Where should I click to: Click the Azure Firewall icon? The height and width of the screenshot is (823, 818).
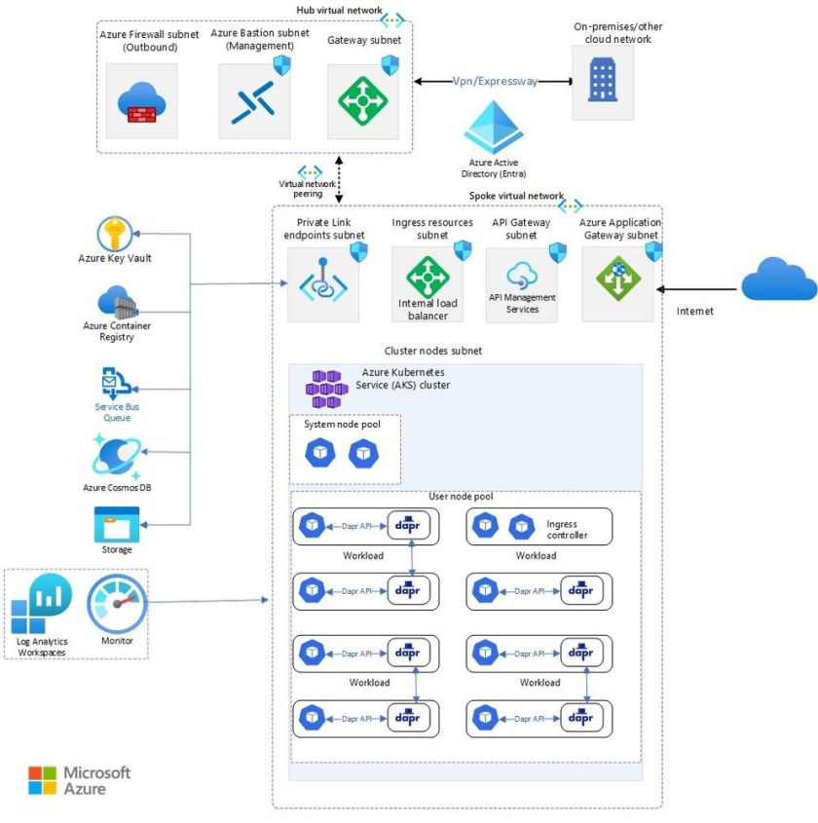tap(142, 101)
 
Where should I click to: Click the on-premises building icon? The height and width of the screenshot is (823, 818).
tap(602, 82)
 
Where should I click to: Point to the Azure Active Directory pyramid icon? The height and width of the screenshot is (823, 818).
tap(494, 128)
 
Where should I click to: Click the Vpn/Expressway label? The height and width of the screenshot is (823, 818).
tap(495, 82)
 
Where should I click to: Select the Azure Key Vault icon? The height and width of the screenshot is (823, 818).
tap(115, 234)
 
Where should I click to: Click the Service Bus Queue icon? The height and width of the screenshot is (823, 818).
tap(116, 382)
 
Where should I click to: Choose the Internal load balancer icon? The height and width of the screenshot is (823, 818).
tap(428, 277)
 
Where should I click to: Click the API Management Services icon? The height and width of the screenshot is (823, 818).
tap(522, 274)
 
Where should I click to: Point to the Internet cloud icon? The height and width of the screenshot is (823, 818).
tap(779, 281)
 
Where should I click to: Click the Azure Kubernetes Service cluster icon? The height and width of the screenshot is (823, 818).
tap(326, 389)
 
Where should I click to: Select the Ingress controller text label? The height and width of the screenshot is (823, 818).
tap(567, 530)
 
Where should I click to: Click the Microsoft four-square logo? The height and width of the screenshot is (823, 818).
tap(42, 780)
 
